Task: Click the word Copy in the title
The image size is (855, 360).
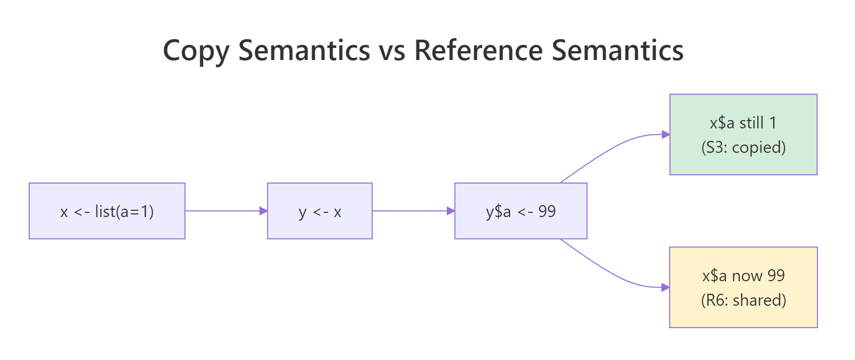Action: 196,51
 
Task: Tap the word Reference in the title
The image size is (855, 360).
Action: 479,51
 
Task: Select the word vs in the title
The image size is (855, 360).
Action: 393,51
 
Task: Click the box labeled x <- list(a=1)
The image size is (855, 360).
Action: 107,211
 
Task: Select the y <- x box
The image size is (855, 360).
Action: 319,211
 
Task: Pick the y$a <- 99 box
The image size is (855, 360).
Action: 520,211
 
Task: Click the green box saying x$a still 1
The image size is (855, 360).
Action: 743,135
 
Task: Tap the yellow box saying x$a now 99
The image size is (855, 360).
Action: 743,287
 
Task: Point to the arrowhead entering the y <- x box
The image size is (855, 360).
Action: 264,211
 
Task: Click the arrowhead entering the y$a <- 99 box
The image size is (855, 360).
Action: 451,211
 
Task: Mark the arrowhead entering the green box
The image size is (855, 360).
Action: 666,135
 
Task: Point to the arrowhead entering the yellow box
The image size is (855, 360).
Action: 666,287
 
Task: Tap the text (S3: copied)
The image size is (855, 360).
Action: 743,148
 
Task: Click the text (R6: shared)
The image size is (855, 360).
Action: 743,301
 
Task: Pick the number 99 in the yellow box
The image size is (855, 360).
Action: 776,275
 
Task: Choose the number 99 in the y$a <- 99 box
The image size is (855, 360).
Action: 547,211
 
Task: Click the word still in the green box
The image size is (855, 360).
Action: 751,123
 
